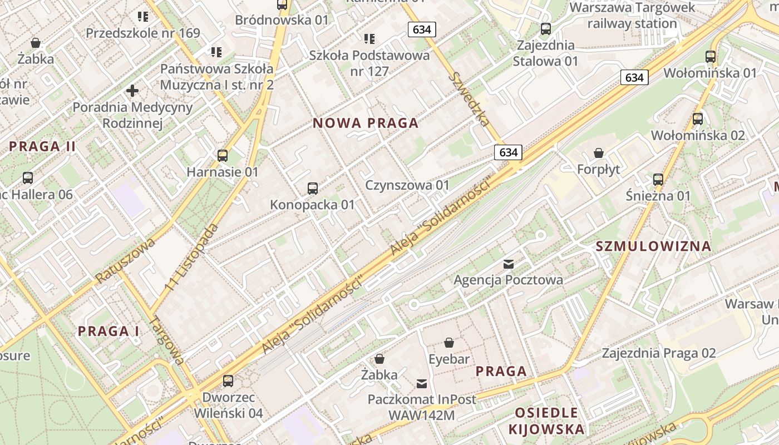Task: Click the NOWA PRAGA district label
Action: pyautogui.click(x=366, y=123)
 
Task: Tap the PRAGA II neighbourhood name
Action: pyautogui.click(x=42, y=147)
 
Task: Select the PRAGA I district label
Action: pyautogui.click(x=109, y=332)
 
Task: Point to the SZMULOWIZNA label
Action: pyautogui.click(x=653, y=246)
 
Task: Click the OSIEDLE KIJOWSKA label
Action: pyautogui.click(x=546, y=421)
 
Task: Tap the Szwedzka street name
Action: pyautogui.click(x=470, y=99)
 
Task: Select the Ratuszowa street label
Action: pyautogui.click(x=125, y=261)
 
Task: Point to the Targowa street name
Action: pyautogui.click(x=168, y=340)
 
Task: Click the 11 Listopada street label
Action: pyautogui.click(x=192, y=257)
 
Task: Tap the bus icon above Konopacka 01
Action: pyautogui.click(x=313, y=189)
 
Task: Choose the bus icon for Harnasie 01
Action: pyautogui.click(x=223, y=156)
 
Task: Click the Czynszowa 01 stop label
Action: pyautogui.click(x=407, y=185)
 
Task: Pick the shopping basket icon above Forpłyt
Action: pyautogui.click(x=599, y=152)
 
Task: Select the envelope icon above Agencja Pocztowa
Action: pyautogui.click(x=509, y=264)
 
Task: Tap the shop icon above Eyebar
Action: pyautogui.click(x=449, y=343)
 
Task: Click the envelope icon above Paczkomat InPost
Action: pyautogui.click(x=422, y=383)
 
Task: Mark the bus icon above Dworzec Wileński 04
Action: pyautogui.click(x=228, y=381)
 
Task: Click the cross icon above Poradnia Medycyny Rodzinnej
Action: pyautogui.click(x=132, y=90)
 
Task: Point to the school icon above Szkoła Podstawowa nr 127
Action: pyautogui.click(x=369, y=39)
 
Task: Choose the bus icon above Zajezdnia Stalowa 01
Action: pyautogui.click(x=546, y=28)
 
